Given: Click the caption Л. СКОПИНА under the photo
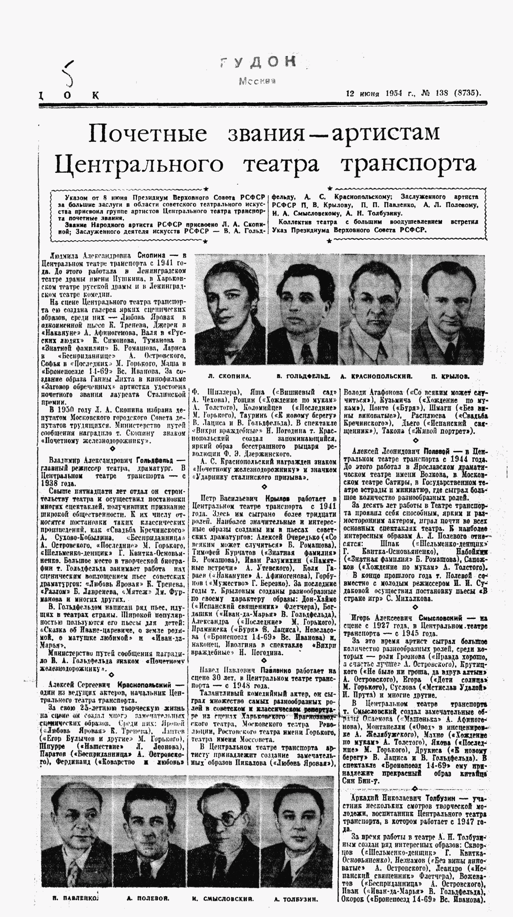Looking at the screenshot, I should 229,376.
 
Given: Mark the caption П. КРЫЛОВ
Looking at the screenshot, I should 450,376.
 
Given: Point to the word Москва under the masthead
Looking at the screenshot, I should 257,81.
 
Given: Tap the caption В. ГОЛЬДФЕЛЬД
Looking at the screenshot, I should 303,376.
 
